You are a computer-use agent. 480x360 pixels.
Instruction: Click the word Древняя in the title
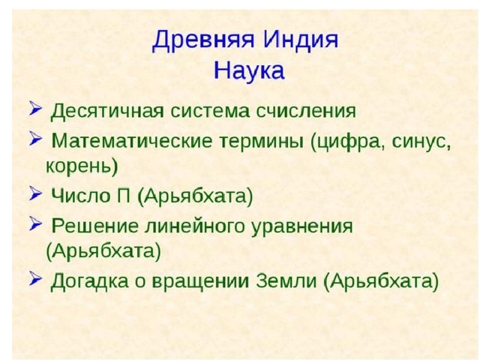tap(203, 40)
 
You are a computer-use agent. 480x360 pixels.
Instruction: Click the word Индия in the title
tap(301, 40)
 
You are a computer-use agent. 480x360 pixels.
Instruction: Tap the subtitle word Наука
tap(249, 70)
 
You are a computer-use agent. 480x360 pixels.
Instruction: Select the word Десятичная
tap(107, 111)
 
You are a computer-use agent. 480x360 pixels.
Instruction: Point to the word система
tap(210, 111)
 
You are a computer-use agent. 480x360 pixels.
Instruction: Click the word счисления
tap(306, 111)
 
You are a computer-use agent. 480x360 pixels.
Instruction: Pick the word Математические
tap(132, 141)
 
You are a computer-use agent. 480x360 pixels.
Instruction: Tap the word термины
tap(262, 142)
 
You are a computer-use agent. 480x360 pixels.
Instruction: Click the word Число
tap(81, 195)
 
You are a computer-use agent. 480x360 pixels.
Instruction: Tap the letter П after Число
tap(123, 195)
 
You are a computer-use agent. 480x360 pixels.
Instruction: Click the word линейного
tap(195, 226)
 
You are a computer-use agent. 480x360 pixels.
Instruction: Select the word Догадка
tap(89, 280)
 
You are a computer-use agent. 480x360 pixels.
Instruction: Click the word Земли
tap(286, 280)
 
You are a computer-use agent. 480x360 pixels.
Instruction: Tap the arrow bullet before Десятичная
tap(35, 108)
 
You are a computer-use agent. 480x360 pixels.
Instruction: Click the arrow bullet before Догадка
tap(35, 279)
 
